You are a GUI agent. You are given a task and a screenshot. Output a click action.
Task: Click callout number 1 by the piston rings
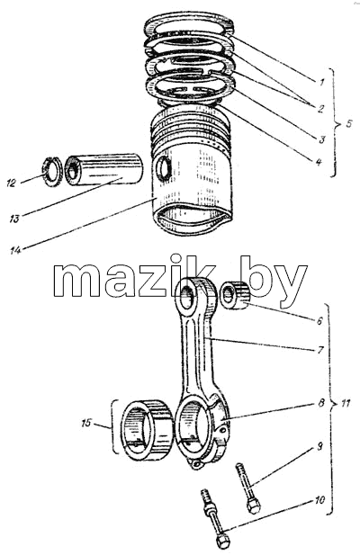click(x=321, y=83)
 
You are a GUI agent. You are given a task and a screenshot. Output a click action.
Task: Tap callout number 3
click(x=321, y=139)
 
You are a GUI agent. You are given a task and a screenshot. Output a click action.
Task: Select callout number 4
click(x=319, y=162)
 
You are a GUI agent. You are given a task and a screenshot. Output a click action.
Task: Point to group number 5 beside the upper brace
click(x=348, y=124)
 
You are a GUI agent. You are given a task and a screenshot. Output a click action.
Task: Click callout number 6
click(x=319, y=321)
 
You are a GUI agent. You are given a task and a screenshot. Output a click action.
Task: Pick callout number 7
click(x=320, y=350)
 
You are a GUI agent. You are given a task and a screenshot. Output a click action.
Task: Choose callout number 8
click(x=321, y=403)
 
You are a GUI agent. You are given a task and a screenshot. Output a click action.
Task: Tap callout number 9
click(x=319, y=447)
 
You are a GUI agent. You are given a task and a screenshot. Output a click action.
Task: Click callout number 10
click(x=319, y=500)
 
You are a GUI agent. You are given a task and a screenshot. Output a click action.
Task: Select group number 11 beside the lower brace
click(x=346, y=403)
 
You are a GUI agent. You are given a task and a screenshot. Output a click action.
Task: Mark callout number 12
click(x=12, y=183)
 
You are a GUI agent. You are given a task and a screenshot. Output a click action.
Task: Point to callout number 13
click(x=14, y=219)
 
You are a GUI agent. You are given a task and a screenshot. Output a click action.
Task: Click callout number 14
click(x=15, y=250)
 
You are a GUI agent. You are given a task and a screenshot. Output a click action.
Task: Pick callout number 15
click(x=86, y=423)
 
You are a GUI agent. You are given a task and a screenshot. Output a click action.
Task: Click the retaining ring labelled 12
click(x=53, y=171)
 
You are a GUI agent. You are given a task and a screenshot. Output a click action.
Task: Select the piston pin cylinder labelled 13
click(x=104, y=168)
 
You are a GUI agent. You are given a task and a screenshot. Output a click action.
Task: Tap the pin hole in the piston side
click(x=164, y=169)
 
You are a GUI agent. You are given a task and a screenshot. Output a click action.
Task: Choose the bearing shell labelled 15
click(x=147, y=430)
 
